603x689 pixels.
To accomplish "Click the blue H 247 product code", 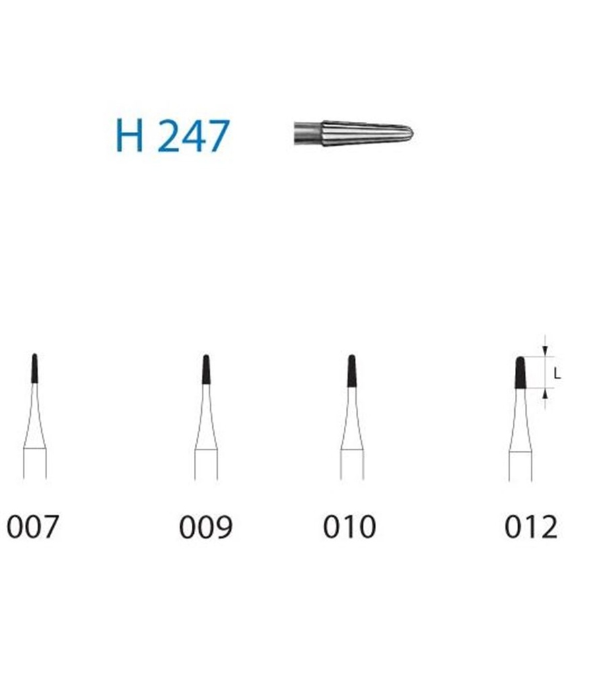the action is coord(172,135).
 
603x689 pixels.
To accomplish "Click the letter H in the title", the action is coord(129,135).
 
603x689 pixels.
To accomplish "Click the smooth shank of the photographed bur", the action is coord(308,133).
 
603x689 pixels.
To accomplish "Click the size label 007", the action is coord(33,527).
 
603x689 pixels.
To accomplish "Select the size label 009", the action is coord(206,527).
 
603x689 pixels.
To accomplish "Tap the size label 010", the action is coord(349,527).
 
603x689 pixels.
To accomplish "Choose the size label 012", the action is coord(531,527).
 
